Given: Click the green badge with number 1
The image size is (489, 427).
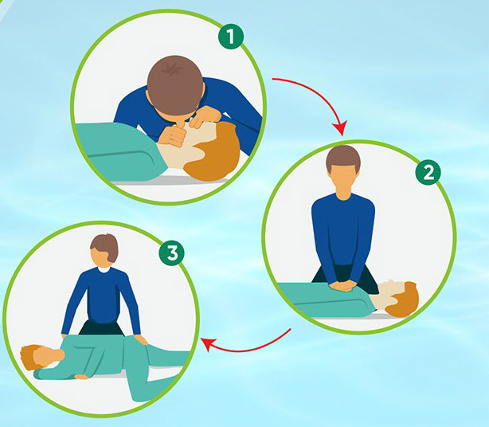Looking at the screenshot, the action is (230, 36).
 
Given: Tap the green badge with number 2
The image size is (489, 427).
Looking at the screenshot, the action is (428, 172).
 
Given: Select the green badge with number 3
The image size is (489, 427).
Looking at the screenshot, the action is (171, 253).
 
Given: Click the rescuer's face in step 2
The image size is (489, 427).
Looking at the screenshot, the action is (343, 182).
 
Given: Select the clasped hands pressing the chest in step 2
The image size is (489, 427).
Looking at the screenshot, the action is (343, 285).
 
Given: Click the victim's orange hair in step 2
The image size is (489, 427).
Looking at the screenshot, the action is (404, 300).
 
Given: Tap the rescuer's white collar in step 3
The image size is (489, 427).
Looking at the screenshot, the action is (104, 268).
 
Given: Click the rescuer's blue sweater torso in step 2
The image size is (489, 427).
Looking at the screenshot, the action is (343, 231).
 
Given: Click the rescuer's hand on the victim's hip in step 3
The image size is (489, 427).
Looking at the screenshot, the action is (141, 339).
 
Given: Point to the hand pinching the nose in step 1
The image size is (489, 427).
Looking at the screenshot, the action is (204, 117).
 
